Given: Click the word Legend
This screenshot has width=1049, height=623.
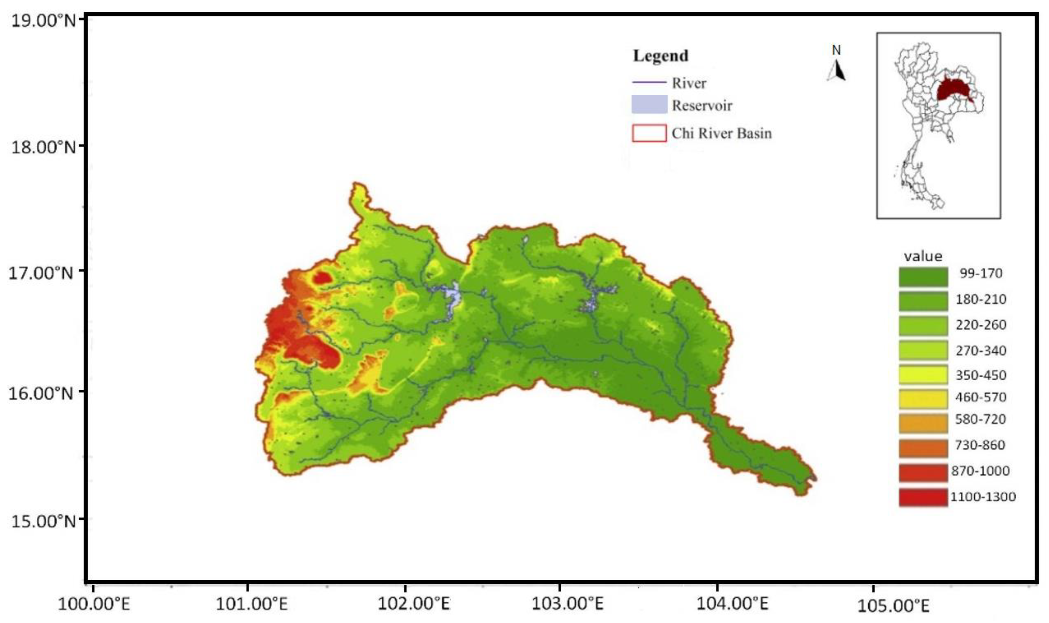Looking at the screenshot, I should [660, 56].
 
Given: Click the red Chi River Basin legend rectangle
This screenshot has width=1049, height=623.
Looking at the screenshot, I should [649, 133].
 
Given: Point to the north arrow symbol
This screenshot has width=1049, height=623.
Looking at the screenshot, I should [837, 71].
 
